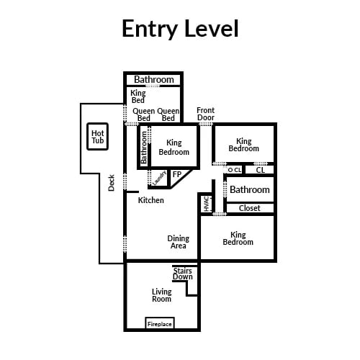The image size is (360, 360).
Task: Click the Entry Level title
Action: pyautogui.click(x=180, y=29)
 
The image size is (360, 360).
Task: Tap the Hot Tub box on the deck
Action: pyautogui.click(x=97, y=137)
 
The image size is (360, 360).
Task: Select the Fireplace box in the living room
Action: pyautogui.click(x=160, y=323)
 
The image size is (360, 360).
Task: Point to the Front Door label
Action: pyautogui.click(x=206, y=114)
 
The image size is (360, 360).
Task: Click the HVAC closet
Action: pyautogui.click(x=206, y=204)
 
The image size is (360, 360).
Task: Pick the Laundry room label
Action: pyautogui.click(x=159, y=178)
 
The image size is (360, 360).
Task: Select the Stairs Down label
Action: pyautogui.click(x=183, y=274)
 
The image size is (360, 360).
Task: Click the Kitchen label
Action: pyautogui.click(x=151, y=200)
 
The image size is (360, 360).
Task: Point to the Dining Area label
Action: pyautogui.click(x=179, y=242)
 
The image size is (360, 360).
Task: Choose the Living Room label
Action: pyautogui.click(x=162, y=295)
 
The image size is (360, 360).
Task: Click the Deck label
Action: pyautogui.click(x=112, y=183)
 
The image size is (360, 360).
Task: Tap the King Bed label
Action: pyautogui.click(x=138, y=96)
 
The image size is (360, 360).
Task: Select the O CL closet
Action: pyautogui.click(x=235, y=170)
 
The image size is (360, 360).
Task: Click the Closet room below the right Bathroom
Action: pyautogui.click(x=250, y=208)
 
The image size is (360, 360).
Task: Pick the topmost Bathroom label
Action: pyautogui.click(x=154, y=79)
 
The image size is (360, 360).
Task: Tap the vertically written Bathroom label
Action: pyautogui.click(x=143, y=148)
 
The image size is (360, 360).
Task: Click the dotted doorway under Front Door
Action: pyautogui.click(x=206, y=124)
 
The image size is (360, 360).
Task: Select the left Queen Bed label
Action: pyautogui.click(x=143, y=114)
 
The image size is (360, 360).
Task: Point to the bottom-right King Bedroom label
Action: pyautogui.click(x=238, y=238)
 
